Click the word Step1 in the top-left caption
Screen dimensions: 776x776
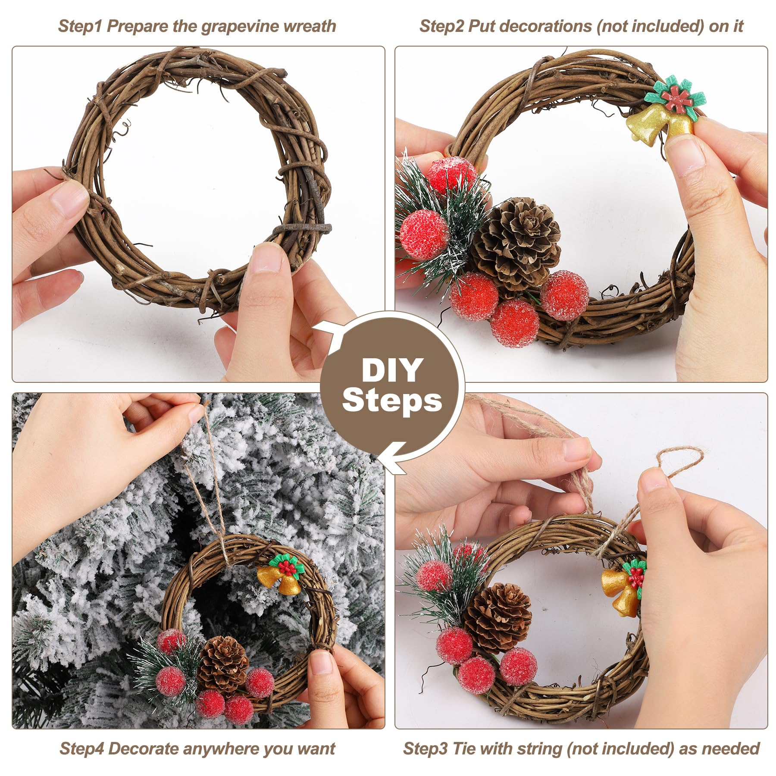click(80, 26)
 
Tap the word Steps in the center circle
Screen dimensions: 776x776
click(392, 401)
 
